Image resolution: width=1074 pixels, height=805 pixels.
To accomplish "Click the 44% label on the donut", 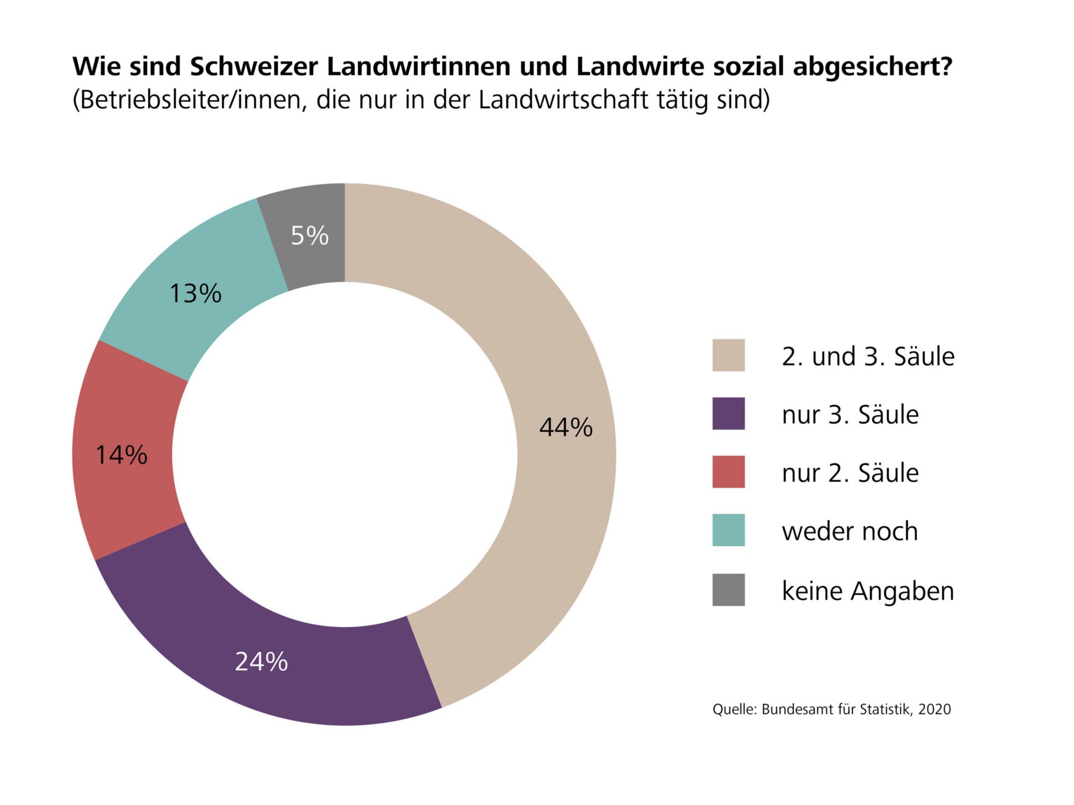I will click(566, 428).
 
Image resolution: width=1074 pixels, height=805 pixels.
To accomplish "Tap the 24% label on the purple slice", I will click(261, 662).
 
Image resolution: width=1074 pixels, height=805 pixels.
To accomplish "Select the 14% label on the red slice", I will click(121, 455).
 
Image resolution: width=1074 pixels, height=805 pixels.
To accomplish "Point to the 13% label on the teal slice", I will click(195, 293).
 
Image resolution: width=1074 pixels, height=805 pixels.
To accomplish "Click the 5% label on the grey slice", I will click(309, 235).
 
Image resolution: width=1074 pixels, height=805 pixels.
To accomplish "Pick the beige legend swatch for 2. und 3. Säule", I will click(728, 355).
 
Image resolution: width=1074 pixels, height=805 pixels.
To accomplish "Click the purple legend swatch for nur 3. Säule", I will click(728, 414).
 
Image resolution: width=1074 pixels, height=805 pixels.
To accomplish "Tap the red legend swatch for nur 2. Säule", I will click(728, 472).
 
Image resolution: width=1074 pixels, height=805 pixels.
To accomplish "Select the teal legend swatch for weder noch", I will click(728, 530).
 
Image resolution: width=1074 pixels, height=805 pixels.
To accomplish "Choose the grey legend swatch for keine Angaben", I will click(728, 590).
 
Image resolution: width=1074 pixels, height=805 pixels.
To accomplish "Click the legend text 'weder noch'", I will click(849, 531).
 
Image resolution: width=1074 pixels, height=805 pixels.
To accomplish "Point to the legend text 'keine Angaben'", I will click(867, 591).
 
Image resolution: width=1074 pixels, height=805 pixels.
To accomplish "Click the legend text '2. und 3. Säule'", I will click(868, 357).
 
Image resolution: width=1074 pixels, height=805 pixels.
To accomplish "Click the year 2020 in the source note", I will click(934, 709).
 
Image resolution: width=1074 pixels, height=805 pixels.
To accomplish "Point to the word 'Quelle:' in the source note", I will click(734, 709).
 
